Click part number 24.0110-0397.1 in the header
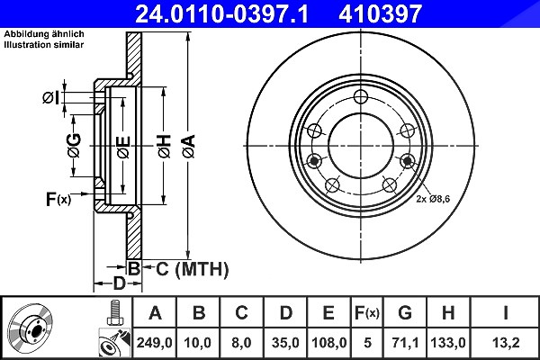pyautogui.click(x=221, y=13)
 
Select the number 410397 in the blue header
pyautogui.click(x=380, y=13)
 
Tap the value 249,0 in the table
pyautogui.click(x=154, y=343)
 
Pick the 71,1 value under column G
pyautogui.click(x=405, y=343)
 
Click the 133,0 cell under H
pyautogui.click(x=448, y=343)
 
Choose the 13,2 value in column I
pyautogui.click(x=505, y=343)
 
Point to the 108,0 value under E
pyautogui.click(x=328, y=343)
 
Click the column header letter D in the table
pyautogui.click(x=285, y=313)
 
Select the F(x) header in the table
pyautogui.click(x=367, y=313)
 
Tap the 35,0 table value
pyautogui.click(x=285, y=343)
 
